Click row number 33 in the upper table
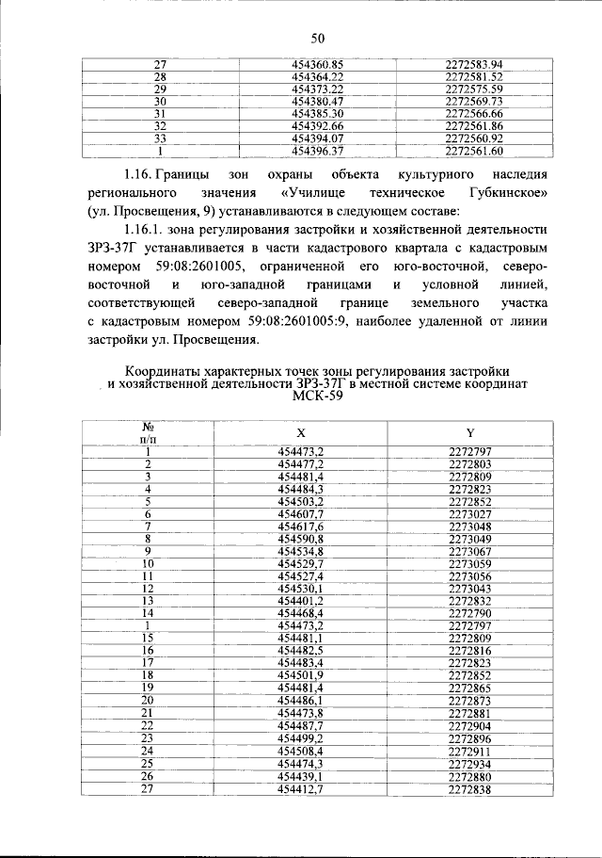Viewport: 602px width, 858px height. coord(160,138)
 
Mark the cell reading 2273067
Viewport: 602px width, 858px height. coord(470,550)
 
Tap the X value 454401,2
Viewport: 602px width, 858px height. coord(301,600)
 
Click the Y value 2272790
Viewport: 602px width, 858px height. coord(470,612)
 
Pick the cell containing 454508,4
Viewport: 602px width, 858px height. coord(301,751)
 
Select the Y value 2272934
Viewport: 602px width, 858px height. coord(470,763)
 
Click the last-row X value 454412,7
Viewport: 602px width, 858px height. coord(301,787)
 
